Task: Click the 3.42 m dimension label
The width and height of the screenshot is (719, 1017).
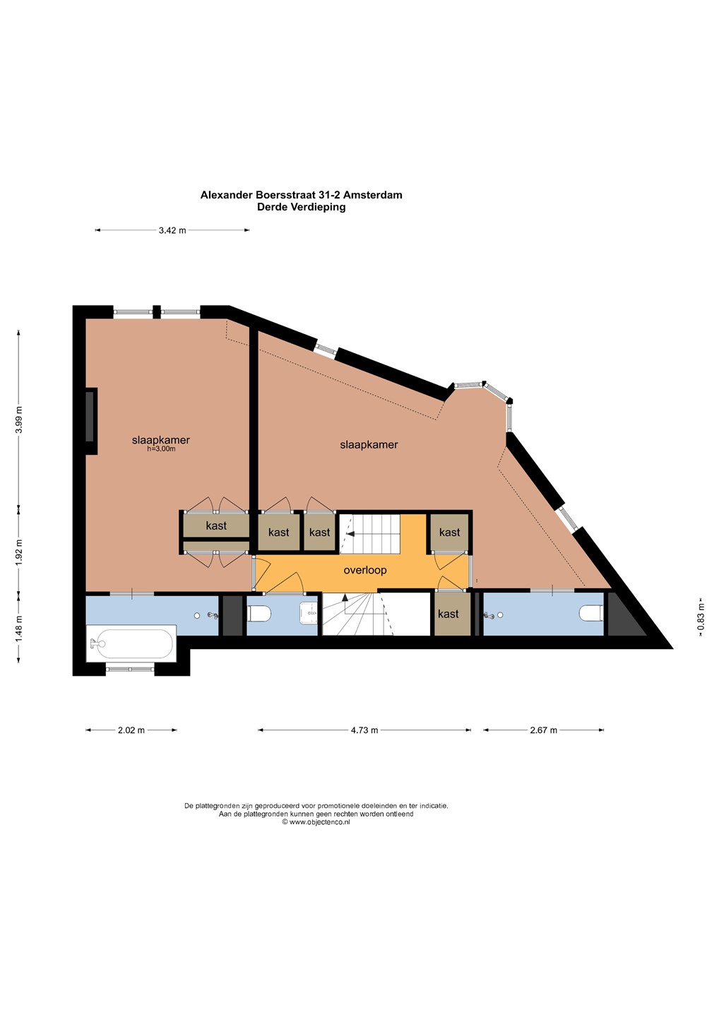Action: click(172, 230)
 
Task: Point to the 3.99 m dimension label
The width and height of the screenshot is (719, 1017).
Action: click(19, 420)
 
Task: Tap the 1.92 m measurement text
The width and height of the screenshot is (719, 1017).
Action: click(19, 552)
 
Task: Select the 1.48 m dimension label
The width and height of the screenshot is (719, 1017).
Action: click(19, 628)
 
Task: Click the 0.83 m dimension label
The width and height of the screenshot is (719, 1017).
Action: click(701, 616)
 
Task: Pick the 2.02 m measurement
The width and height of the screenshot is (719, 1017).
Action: click(131, 730)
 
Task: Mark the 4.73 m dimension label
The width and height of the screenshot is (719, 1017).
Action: click(364, 730)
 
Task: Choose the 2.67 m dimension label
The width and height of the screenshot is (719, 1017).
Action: click(543, 730)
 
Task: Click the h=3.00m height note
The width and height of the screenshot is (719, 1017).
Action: click(161, 449)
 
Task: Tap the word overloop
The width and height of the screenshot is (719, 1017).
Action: click(365, 570)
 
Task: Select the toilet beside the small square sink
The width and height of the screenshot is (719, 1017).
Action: click(260, 614)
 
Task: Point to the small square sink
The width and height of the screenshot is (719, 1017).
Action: click(309, 613)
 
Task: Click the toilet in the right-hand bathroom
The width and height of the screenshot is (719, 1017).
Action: click(591, 614)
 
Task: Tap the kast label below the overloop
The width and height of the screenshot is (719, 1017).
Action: click(448, 614)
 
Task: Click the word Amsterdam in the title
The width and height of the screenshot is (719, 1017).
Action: click(373, 195)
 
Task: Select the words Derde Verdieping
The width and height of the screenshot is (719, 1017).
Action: click(302, 207)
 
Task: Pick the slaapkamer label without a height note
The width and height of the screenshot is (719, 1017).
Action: click(369, 444)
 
